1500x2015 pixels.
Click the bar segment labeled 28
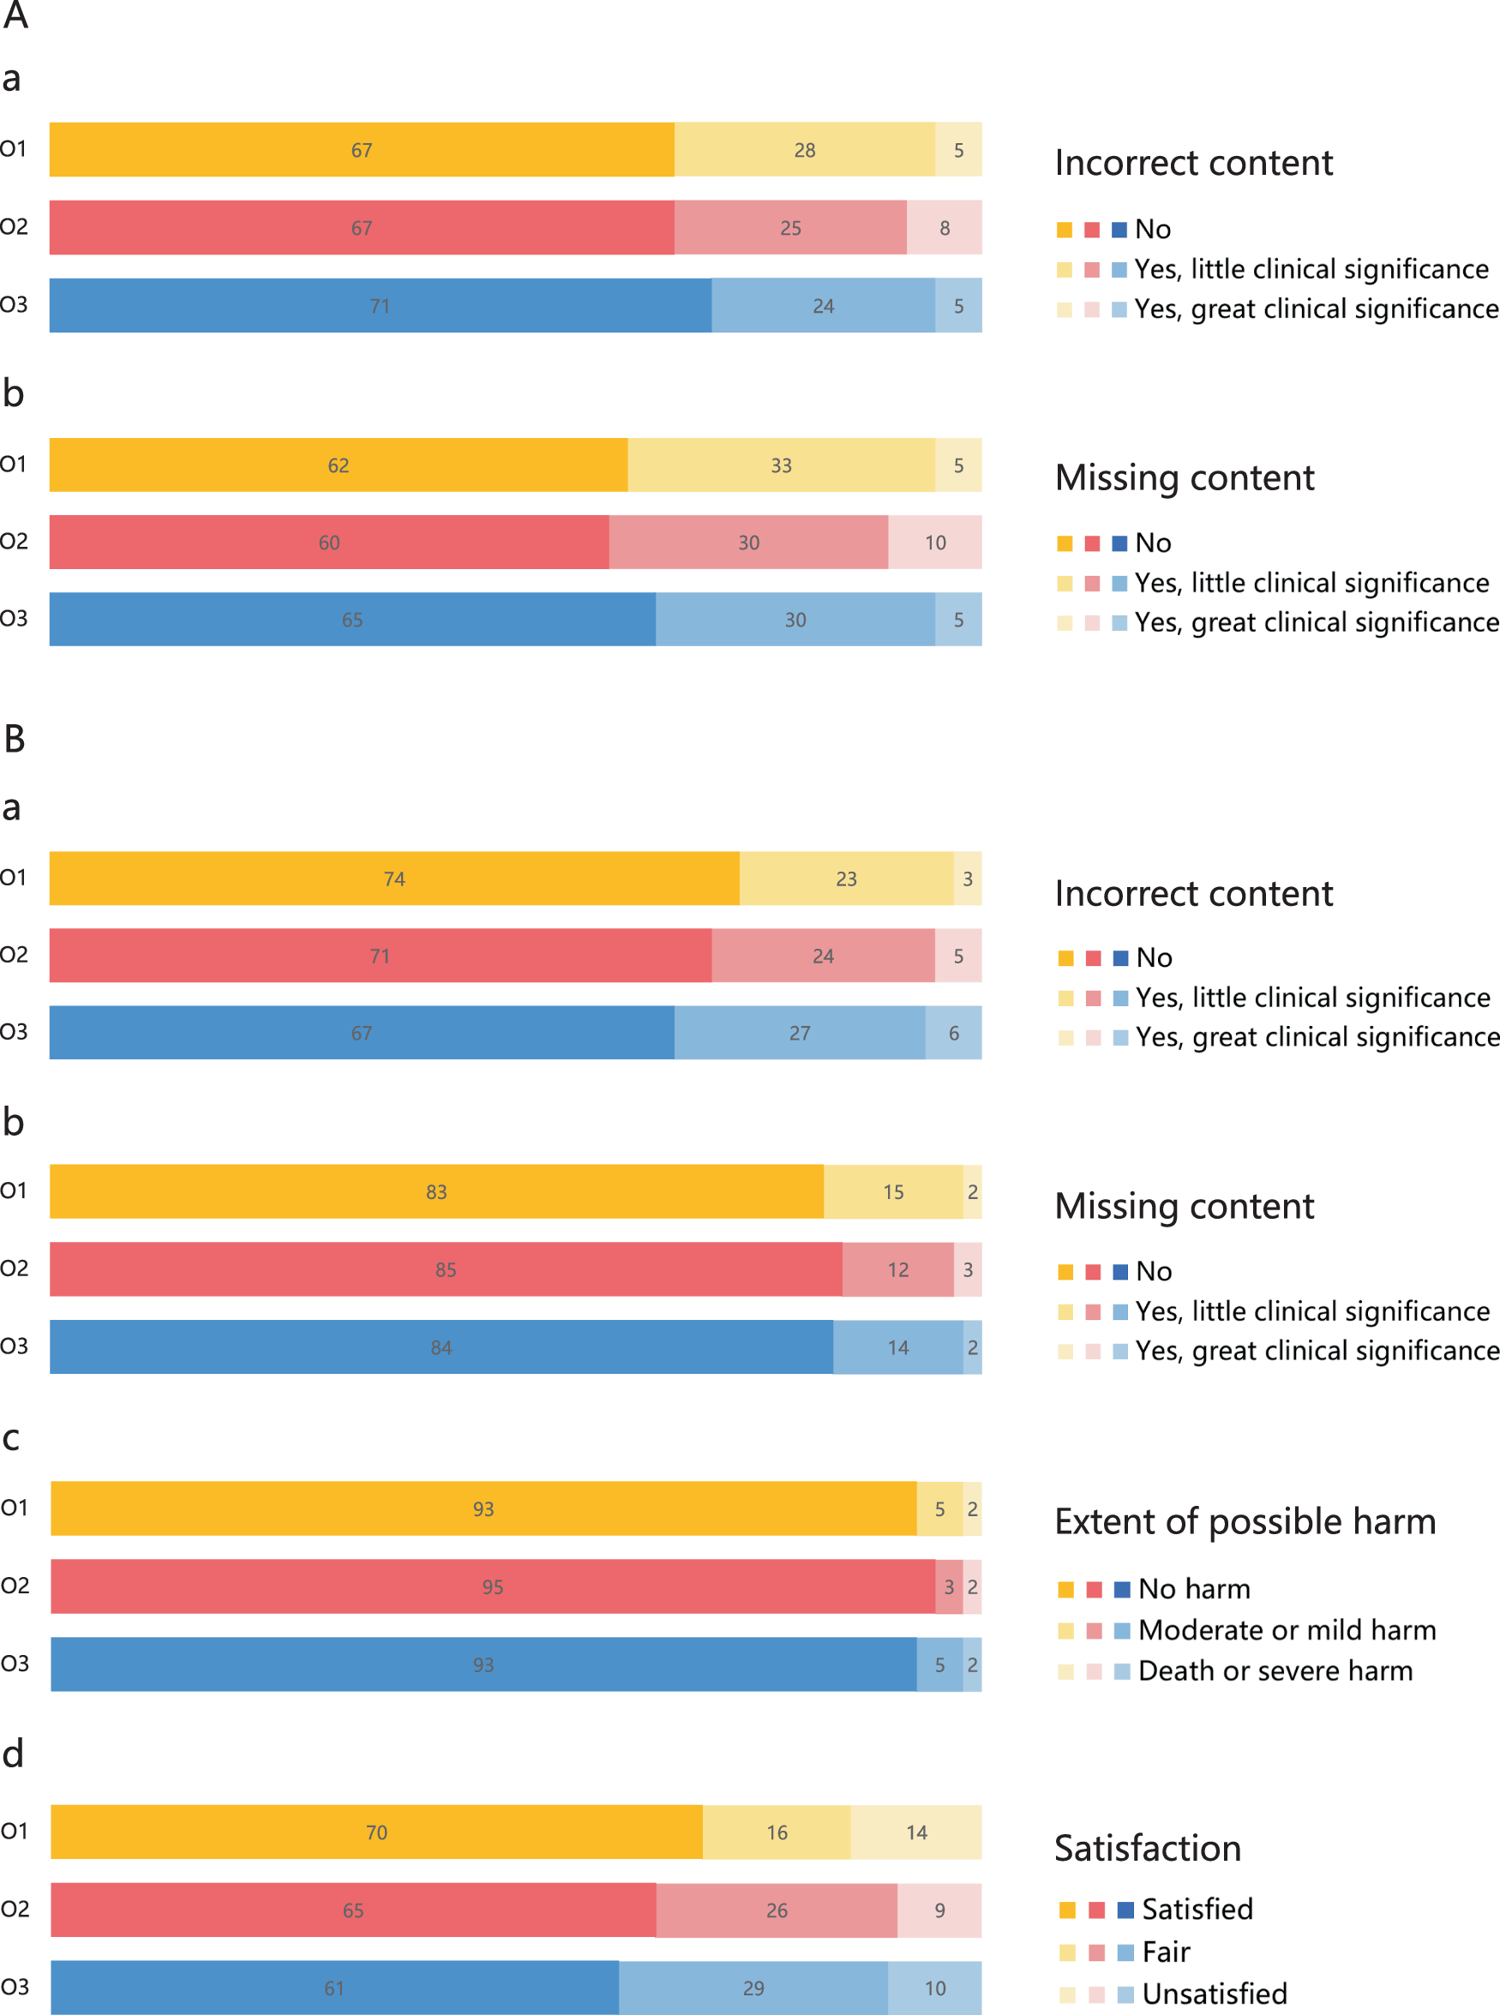[x=805, y=150]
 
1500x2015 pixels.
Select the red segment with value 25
[x=790, y=228]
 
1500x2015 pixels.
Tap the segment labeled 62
[x=338, y=465]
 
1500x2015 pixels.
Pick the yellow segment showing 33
[x=781, y=465]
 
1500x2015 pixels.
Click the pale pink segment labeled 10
[x=934, y=543]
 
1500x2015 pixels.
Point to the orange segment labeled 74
[x=394, y=879]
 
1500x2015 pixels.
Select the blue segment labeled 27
[x=799, y=1033]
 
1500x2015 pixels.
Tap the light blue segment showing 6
[x=953, y=1033]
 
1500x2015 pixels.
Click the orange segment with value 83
[x=435, y=1191]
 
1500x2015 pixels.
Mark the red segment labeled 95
[x=492, y=1586]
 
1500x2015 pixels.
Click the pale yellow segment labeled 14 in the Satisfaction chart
[x=916, y=1832]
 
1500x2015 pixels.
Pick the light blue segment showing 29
[x=753, y=1988]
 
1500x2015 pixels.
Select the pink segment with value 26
[x=777, y=1910]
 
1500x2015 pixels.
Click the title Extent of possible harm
[x=1245, y=1522]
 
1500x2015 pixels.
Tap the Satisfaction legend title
[x=1148, y=1849]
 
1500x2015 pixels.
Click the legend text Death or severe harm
[x=1275, y=1671]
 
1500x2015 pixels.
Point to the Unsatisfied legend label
[x=1214, y=1994]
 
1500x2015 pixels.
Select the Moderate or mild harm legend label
[x=1287, y=1630]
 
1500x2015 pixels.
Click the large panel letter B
[x=15, y=739]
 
